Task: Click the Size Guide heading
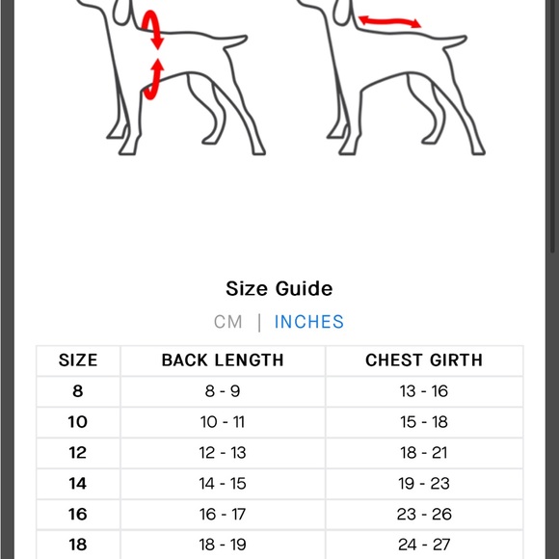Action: click(x=279, y=288)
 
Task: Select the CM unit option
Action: click(x=228, y=322)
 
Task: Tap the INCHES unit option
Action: click(x=309, y=322)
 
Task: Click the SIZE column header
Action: click(x=78, y=360)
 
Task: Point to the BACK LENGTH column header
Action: click(x=223, y=360)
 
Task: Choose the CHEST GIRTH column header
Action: click(x=424, y=360)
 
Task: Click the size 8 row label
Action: click(x=78, y=391)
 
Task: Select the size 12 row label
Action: click(x=78, y=452)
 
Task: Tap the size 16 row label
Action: click(x=78, y=514)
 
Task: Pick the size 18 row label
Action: click(x=78, y=545)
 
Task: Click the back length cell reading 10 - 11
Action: click(x=223, y=422)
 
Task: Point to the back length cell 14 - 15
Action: click(x=223, y=483)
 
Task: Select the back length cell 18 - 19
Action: click(x=223, y=545)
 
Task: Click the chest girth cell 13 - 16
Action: click(x=424, y=391)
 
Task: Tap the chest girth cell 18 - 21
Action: click(x=424, y=452)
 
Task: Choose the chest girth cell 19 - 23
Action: click(x=424, y=483)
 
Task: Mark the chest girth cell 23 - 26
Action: click(x=424, y=514)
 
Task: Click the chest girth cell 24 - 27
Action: click(x=424, y=545)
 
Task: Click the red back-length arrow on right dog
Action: click(x=389, y=19)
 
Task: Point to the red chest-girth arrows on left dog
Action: click(x=153, y=53)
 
